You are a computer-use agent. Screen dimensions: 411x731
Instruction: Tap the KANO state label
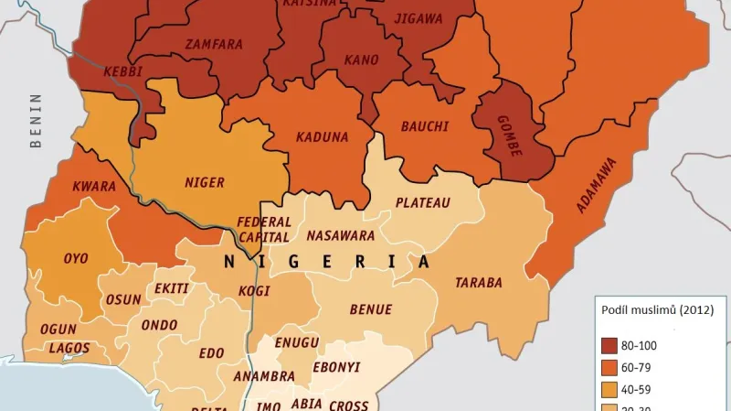[361, 60]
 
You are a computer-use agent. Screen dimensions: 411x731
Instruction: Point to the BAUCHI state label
[425, 126]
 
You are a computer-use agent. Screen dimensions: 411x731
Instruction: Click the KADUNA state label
[322, 137]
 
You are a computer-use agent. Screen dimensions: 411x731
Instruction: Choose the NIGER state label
[204, 182]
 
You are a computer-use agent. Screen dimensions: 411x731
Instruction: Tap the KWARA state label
[93, 187]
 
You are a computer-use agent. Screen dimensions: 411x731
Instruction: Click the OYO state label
[76, 258]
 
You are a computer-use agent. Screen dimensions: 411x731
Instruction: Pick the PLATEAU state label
[422, 202]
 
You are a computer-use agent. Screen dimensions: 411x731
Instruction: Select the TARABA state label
[479, 283]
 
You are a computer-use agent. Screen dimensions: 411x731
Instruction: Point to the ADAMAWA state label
[596, 186]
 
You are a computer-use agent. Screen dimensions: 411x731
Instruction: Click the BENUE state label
[370, 309]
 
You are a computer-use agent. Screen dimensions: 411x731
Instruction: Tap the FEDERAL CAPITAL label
[264, 229]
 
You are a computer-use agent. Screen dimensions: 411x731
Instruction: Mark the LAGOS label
[69, 348]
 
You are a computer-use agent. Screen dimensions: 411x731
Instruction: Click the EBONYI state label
[336, 367]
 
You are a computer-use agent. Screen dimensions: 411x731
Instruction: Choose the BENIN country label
[36, 120]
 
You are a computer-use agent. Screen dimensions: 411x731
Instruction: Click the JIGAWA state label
[418, 18]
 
